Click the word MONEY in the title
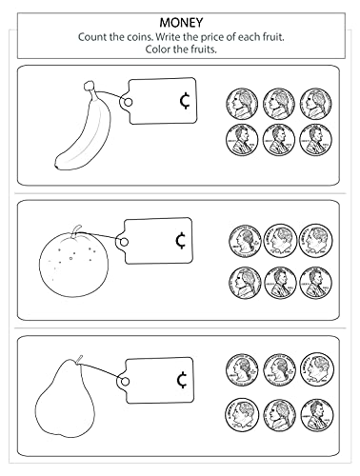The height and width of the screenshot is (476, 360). [x=179, y=19]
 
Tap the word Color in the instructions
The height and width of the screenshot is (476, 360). [x=149, y=49]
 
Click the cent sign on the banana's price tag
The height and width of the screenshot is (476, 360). [x=181, y=100]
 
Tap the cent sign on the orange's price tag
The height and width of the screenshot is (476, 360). [x=180, y=242]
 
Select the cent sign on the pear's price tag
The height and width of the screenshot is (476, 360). [x=180, y=381]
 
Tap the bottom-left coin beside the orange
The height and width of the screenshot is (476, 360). [x=245, y=280]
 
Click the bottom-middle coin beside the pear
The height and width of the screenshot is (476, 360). [x=279, y=413]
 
